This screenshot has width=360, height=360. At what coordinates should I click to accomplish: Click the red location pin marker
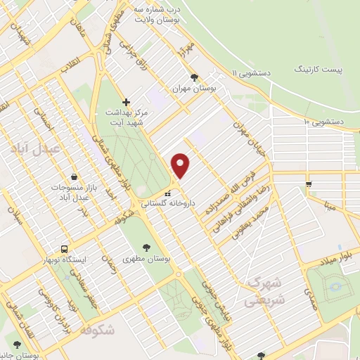181,165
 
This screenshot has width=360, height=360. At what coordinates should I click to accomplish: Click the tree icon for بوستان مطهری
146,247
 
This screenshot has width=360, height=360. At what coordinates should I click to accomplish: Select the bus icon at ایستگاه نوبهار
65,249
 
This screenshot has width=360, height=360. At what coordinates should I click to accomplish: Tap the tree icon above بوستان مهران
194,78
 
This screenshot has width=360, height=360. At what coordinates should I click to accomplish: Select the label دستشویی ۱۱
254,72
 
